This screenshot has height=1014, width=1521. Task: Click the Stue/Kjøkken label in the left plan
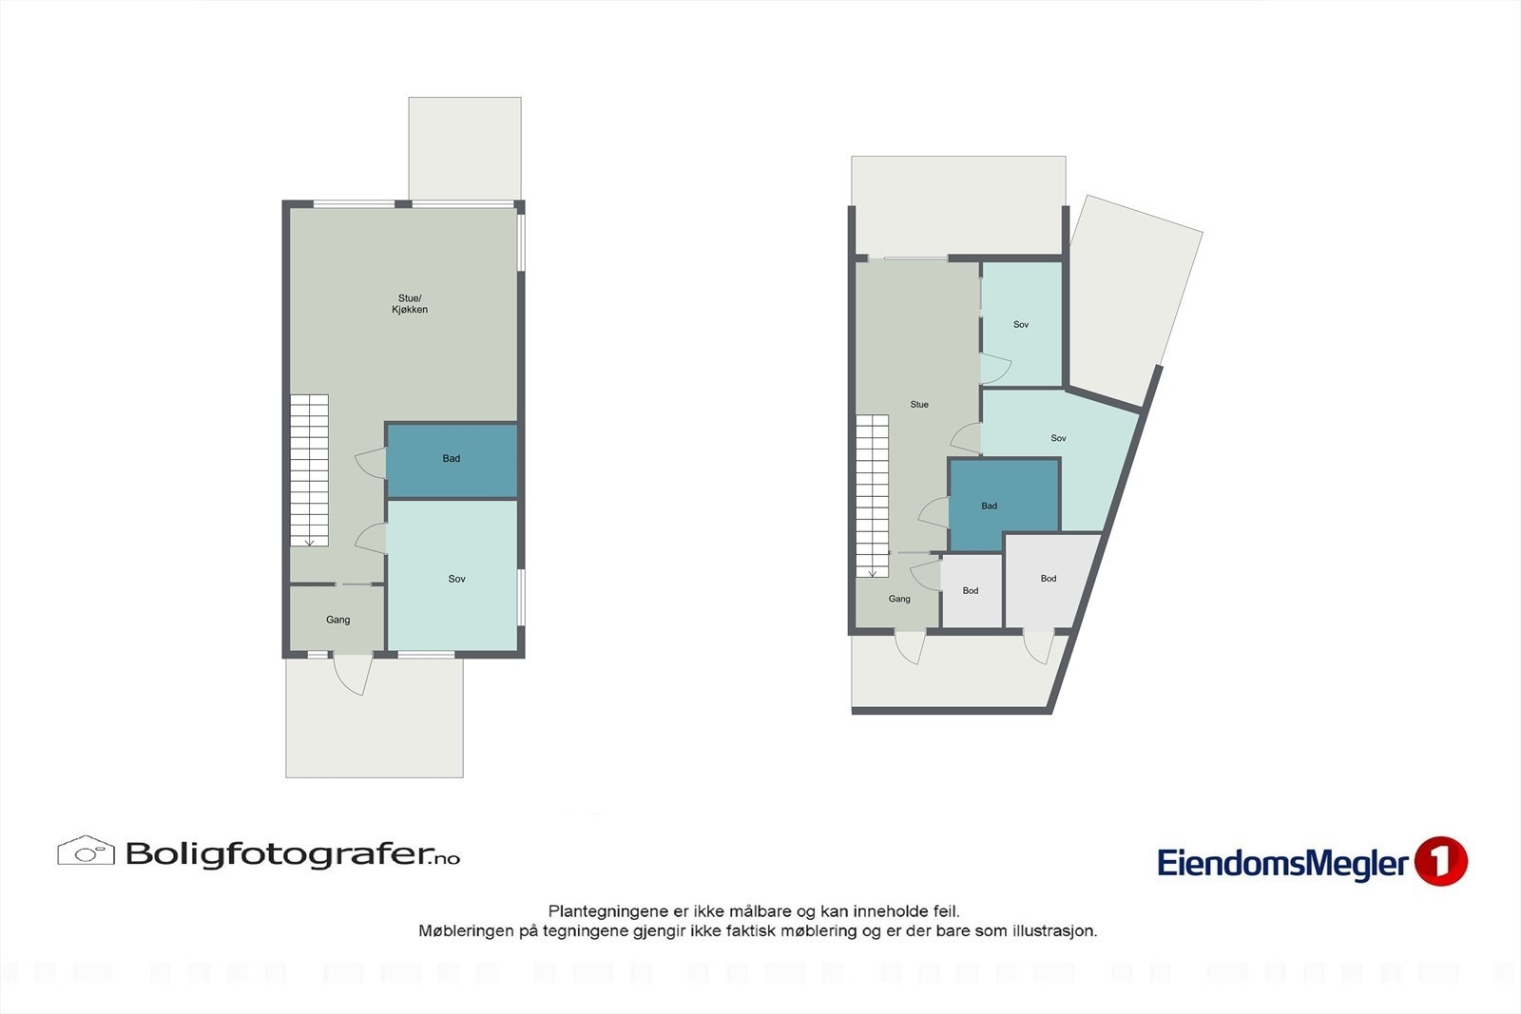(410, 304)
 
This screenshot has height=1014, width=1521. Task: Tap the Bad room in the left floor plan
(452, 460)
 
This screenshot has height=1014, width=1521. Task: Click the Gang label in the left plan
(337, 620)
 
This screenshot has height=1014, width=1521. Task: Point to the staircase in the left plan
(309, 470)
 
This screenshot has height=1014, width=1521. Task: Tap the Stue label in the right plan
(918, 405)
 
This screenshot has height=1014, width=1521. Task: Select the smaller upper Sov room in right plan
(1021, 324)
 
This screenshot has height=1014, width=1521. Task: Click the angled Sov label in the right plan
(1058, 438)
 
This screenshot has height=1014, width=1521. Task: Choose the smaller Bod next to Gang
(971, 591)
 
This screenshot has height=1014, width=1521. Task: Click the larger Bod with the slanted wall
(1048, 579)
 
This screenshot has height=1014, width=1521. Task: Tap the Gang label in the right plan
(899, 599)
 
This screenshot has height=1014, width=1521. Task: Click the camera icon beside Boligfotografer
(86, 851)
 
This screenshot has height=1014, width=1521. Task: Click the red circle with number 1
(1440, 862)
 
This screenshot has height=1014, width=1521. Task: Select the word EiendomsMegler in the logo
(1281, 864)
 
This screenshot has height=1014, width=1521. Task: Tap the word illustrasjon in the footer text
(1054, 931)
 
